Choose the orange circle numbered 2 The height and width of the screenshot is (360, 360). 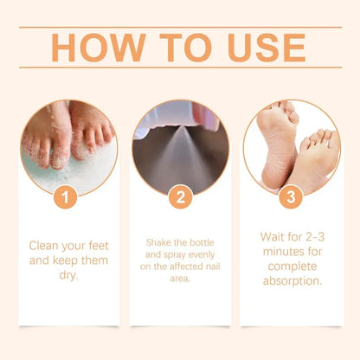tap(179, 196)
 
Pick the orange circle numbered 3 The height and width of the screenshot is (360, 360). tap(292, 196)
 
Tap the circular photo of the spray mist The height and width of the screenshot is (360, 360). tap(179, 146)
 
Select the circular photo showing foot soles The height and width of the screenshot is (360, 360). tap(292, 146)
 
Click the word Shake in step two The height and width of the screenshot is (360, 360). tap(156, 242)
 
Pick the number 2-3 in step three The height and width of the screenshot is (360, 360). tap(312, 235)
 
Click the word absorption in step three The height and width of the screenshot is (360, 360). tap(292, 281)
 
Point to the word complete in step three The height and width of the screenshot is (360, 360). tap(292, 266)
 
